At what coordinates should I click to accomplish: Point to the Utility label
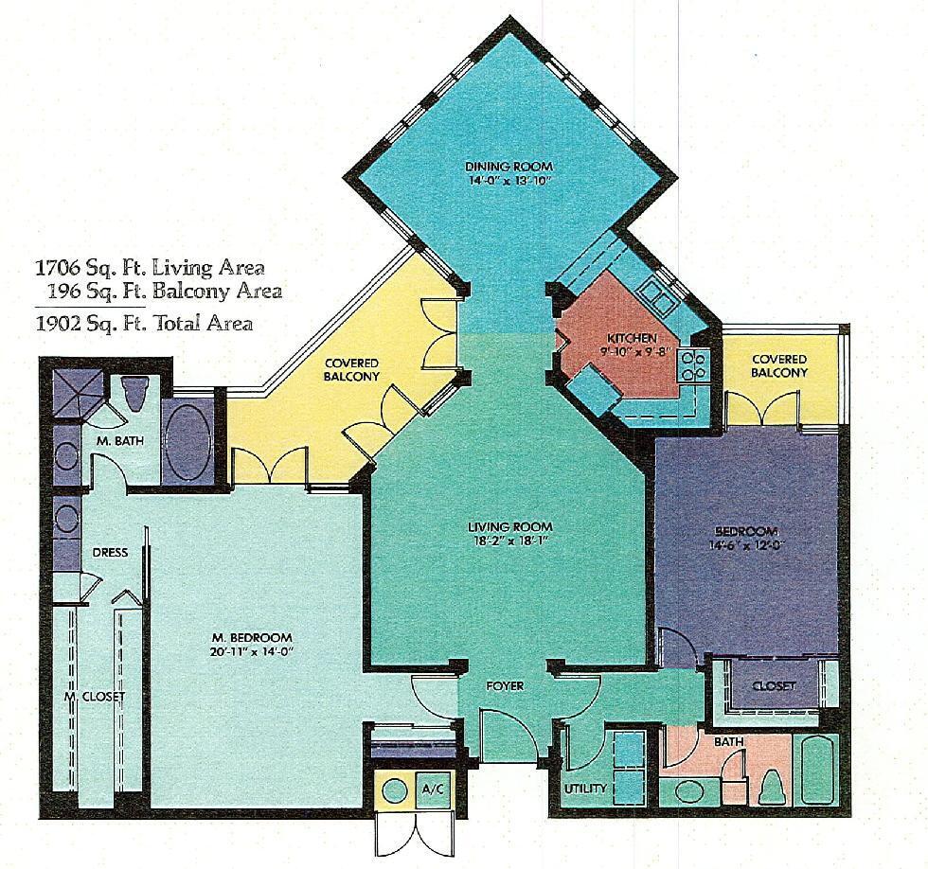click(x=585, y=788)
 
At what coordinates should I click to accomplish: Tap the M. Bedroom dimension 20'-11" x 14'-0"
click(x=252, y=651)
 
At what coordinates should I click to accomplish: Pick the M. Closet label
click(x=95, y=697)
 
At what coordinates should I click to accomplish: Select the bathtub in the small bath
click(x=817, y=772)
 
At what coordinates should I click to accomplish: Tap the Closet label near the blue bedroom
click(x=774, y=685)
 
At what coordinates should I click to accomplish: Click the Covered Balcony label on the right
click(x=779, y=366)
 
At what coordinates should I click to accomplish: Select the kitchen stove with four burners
click(x=692, y=365)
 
